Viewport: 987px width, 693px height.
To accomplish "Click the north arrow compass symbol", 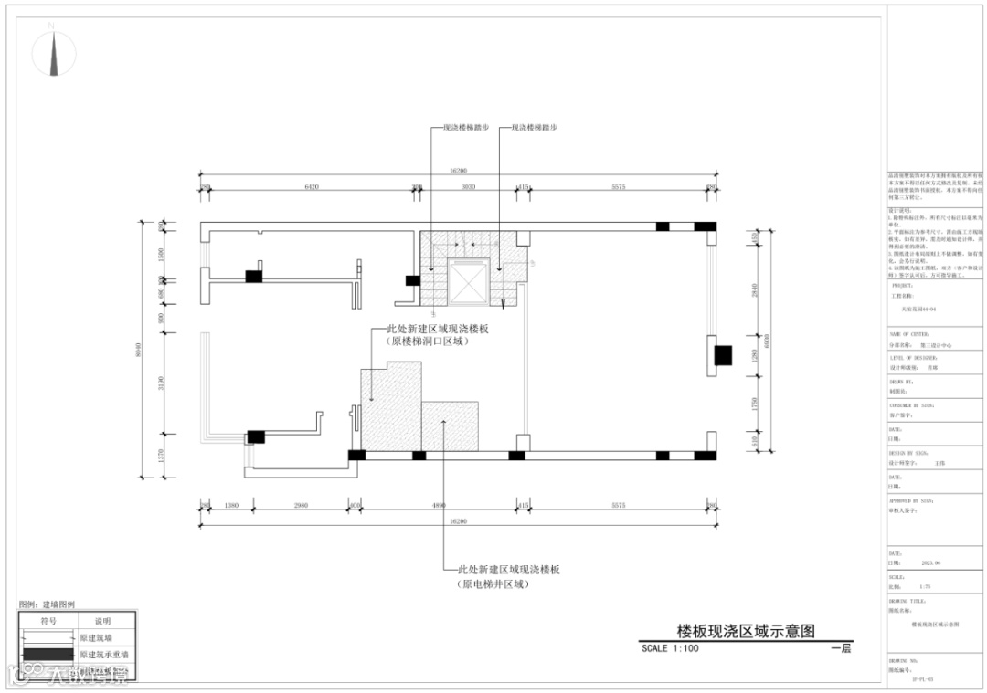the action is coord(55,54).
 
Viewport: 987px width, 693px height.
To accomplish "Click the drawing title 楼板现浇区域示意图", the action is coord(745,631).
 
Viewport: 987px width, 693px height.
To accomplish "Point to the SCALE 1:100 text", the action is coord(670,648).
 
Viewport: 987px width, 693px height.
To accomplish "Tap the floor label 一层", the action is coord(841,648).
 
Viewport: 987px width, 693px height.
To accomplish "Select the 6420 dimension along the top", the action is coord(311,187).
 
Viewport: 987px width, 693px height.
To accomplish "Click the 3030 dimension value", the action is coord(468,187).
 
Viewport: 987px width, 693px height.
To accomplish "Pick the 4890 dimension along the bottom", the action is coord(439,505).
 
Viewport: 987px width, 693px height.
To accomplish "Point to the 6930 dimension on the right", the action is coord(768,340).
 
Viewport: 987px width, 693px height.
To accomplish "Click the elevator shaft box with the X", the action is coord(469,282).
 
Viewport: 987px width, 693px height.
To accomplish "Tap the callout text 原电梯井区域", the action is coord(493,584).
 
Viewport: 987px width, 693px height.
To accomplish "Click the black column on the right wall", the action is coord(724,355).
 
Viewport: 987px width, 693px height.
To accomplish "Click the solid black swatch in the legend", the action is coord(48,654).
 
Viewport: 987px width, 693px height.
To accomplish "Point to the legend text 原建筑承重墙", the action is coord(104,654).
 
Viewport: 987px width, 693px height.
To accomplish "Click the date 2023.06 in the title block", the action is coord(931,563).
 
